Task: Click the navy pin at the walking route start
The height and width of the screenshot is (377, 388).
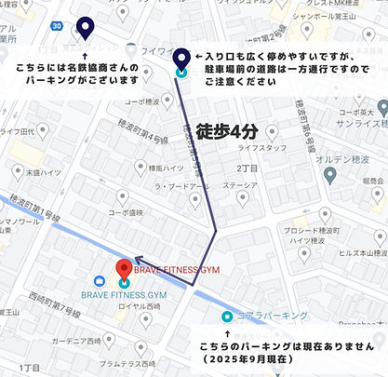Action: [180, 60]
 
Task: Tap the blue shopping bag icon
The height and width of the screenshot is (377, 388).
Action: [100, 281]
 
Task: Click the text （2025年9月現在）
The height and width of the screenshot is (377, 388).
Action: [280, 359]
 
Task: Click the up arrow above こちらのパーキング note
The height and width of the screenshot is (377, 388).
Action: [226, 331]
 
